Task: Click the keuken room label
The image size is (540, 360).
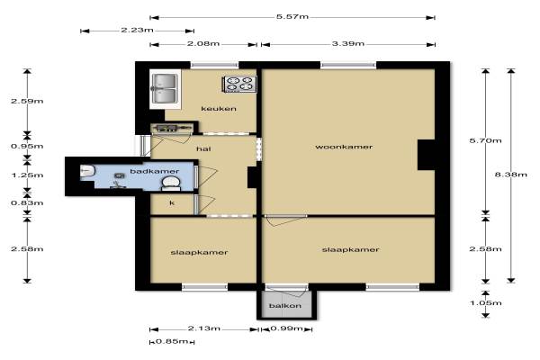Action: pyautogui.click(x=219, y=109)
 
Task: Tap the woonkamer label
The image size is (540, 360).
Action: pyautogui.click(x=344, y=147)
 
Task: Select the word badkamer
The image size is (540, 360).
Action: pyautogui.click(x=154, y=171)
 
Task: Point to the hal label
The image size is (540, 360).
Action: pyautogui.click(x=203, y=148)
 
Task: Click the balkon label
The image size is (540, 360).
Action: pyautogui.click(x=285, y=306)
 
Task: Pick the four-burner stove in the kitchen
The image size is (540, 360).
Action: pyautogui.click(x=240, y=84)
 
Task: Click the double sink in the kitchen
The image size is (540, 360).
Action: pyautogui.click(x=165, y=88)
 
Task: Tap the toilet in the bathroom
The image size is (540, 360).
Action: pyautogui.click(x=171, y=184)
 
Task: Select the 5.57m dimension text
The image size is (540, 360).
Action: pyautogui.click(x=292, y=16)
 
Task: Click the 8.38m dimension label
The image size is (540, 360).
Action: pyautogui.click(x=510, y=175)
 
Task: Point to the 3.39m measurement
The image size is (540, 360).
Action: pyautogui.click(x=348, y=44)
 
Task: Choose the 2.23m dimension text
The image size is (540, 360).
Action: pyautogui.click(x=137, y=30)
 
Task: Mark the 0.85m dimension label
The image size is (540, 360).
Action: pyautogui.click(x=172, y=341)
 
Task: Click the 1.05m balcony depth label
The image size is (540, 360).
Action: pyautogui.click(x=486, y=303)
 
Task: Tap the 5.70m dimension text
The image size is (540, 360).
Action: pyautogui.click(x=486, y=140)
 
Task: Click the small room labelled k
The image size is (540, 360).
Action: pyautogui.click(x=172, y=203)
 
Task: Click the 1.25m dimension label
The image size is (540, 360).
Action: pyautogui.click(x=27, y=175)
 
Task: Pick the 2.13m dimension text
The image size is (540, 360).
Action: pyautogui.click(x=204, y=328)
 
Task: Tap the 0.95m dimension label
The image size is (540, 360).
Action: pyautogui.click(x=27, y=147)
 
